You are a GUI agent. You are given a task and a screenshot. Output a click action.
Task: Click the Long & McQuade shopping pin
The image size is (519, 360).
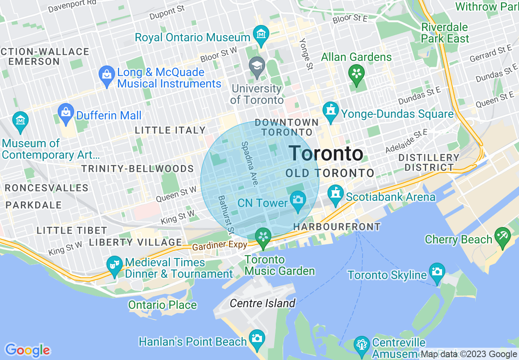(107, 76)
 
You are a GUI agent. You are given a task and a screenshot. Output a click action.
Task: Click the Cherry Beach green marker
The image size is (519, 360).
(502, 237)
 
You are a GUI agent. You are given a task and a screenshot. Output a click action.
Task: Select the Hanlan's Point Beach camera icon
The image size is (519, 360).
(257, 339)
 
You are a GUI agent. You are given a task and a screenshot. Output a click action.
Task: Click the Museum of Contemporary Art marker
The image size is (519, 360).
(20, 121)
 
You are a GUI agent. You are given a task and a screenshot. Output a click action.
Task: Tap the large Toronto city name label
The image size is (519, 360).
(326, 153)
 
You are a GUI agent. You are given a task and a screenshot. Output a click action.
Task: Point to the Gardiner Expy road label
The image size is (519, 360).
(220, 246)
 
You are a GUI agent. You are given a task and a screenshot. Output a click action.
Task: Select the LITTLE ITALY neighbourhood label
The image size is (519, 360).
(170, 130)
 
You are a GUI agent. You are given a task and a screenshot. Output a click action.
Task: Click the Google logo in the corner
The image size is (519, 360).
(27, 350)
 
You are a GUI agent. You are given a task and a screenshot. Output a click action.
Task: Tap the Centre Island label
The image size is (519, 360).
(262, 303)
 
